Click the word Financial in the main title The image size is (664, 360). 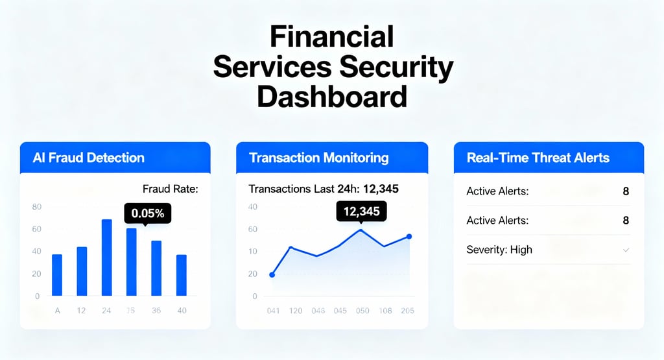(331, 36)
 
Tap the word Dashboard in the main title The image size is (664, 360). (331, 97)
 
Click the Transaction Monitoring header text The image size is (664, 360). (318, 158)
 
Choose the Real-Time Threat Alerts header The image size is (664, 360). (538, 158)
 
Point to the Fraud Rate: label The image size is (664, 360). (170, 189)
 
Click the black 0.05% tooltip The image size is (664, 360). (147, 212)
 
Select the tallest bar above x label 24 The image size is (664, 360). (106, 258)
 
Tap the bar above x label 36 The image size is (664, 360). (156, 268)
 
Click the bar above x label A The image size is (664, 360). (57, 275)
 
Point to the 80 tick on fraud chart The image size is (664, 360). (36, 207)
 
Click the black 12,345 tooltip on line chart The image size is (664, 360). (361, 211)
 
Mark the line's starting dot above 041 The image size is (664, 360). (272, 275)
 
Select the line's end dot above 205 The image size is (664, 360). (409, 237)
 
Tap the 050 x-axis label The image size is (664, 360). (362, 311)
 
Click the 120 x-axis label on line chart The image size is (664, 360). (295, 311)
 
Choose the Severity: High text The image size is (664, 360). (499, 250)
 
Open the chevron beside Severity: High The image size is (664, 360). (626, 250)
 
